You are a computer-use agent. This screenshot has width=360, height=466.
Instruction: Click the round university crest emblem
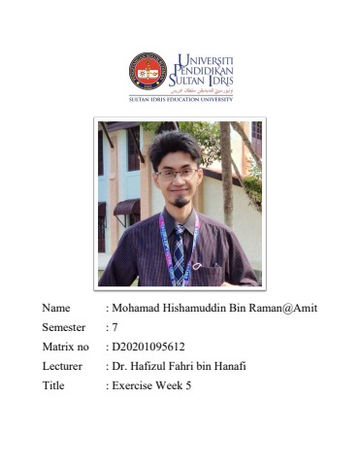pos(147,71)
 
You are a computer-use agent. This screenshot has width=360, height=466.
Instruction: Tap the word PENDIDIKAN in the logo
pos(205,72)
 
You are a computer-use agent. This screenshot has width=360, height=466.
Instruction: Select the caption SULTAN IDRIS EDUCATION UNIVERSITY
pos(180,99)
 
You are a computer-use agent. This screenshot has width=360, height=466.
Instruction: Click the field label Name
pos(56,308)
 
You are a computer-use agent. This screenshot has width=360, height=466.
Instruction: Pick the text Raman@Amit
pos(285,308)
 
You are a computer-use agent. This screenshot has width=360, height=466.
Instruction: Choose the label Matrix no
pos(66,347)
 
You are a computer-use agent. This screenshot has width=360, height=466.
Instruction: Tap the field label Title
pos(54,385)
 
